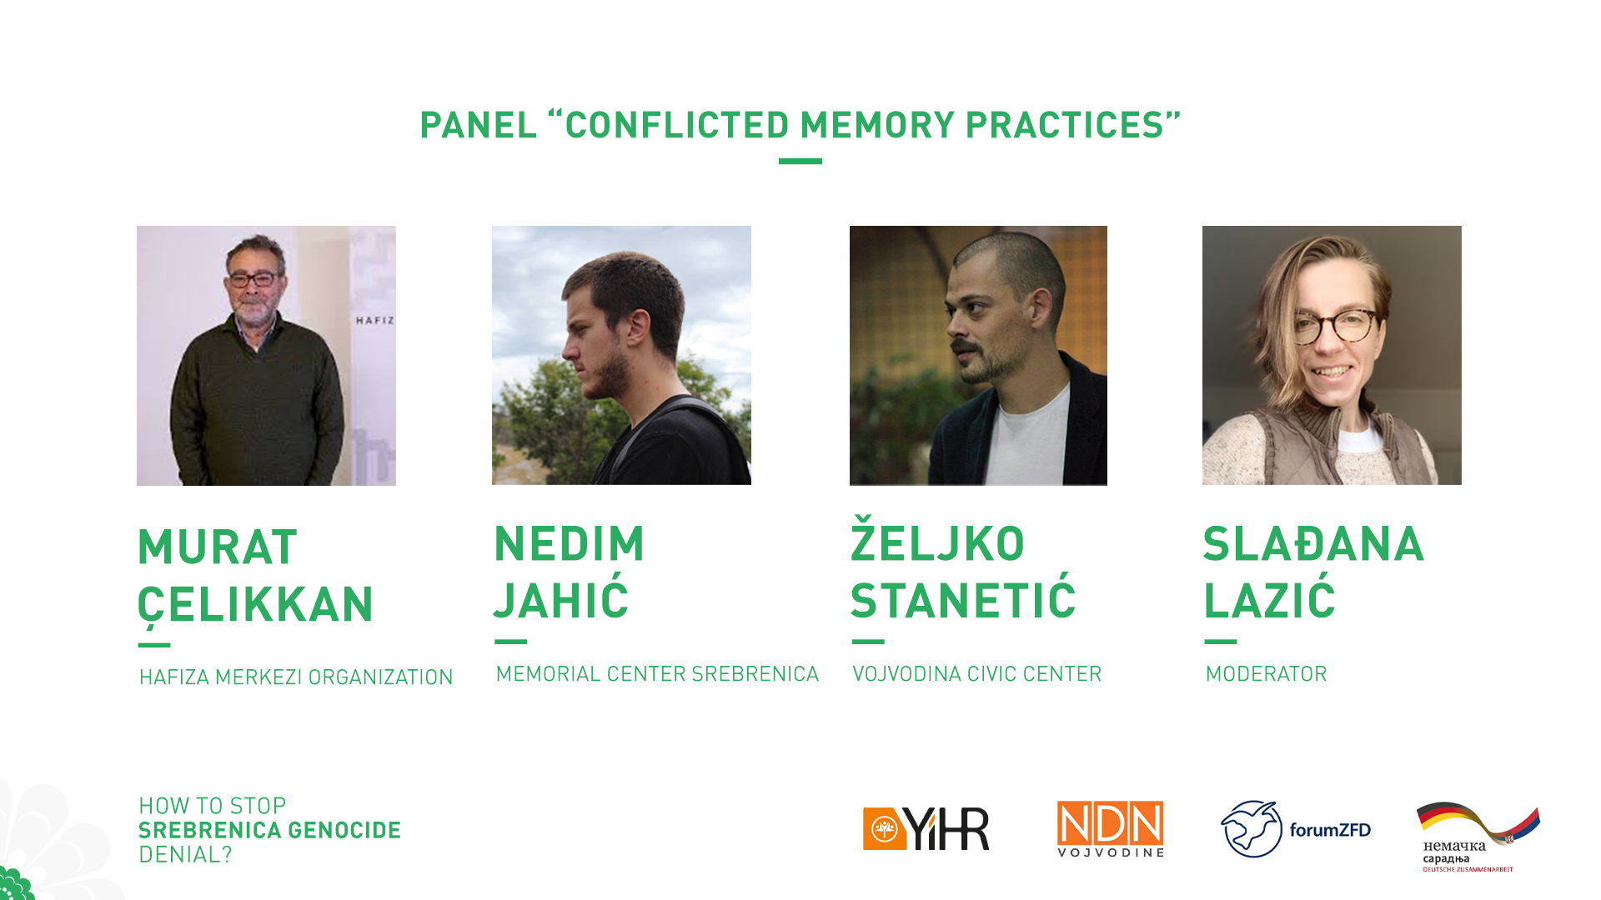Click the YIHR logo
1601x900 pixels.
click(x=926, y=828)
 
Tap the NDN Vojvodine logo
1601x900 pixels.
click(x=1110, y=829)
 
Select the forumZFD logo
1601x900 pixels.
click(x=1296, y=829)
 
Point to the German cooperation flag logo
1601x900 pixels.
click(x=1478, y=837)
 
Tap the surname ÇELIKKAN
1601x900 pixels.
click(x=256, y=604)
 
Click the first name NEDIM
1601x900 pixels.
click(x=570, y=544)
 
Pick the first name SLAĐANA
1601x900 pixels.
click(x=1313, y=544)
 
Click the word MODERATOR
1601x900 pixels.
click(x=1266, y=674)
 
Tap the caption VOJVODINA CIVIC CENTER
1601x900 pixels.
click(x=976, y=674)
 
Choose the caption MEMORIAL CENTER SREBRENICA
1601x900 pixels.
click(x=657, y=674)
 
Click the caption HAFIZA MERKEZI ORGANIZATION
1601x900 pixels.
click(x=296, y=677)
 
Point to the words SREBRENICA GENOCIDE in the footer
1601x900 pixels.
click(x=269, y=830)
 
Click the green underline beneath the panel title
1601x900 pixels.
click(x=800, y=161)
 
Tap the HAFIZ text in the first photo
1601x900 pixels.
click(x=374, y=320)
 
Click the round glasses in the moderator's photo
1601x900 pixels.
click(x=1333, y=326)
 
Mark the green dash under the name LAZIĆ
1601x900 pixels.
click(x=1221, y=642)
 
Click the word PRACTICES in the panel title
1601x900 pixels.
click(x=1064, y=125)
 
